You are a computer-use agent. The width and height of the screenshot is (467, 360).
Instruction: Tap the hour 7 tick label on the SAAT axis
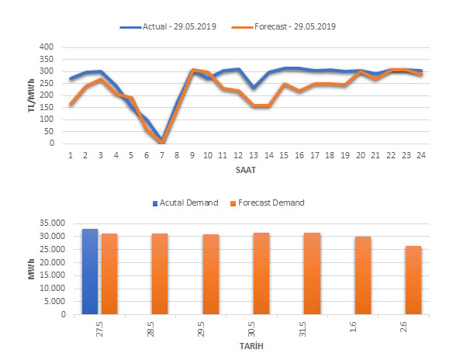tap(161, 155)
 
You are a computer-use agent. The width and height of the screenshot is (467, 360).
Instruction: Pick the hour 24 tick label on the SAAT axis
tap(420, 155)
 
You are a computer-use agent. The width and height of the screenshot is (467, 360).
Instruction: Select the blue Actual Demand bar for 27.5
tap(90, 272)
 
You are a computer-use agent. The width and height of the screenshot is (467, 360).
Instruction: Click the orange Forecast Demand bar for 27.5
tap(109, 274)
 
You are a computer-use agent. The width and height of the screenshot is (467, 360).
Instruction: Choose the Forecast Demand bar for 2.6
tap(413, 280)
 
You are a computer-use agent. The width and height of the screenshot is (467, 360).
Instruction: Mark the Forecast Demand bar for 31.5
tap(312, 274)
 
